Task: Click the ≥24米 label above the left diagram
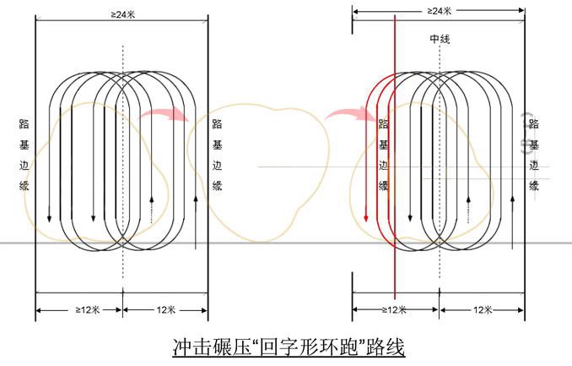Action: pyautogui.click(x=123, y=14)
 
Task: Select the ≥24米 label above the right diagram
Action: pyautogui.click(x=440, y=11)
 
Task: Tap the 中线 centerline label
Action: pyautogui.click(x=440, y=39)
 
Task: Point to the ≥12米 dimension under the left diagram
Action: pyautogui.click(x=88, y=310)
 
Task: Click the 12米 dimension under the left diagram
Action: pyautogui.click(x=166, y=310)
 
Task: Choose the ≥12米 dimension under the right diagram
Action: pyautogui.click(x=394, y=310)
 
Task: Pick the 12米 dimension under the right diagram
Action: pyautogui.click(x=483, y=310)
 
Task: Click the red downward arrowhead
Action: pyautogui.click(x=366, y=218)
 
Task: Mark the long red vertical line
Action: pyautogui.click(x=395, y=157)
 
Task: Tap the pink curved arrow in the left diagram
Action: pyautogui.click(x=165, y=112)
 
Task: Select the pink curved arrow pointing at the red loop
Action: pyautogui.click(x=351, y=112)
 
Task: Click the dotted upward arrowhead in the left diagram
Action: pyautogui.click(x=152, y=199)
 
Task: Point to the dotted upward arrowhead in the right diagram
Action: pyautogui.click(x=469, y=199)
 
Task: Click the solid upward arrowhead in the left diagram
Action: pyautogui.click(x=196, y=199)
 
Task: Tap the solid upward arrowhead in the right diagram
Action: pyautogui.click(x=513, y=199)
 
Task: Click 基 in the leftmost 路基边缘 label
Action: pyautogui.click(x=24, y=145)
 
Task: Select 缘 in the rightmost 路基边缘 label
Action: pyautogui.click(x=534, y=186)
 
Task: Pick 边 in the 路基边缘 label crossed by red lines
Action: pyautogui.click(x=383, y=166)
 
